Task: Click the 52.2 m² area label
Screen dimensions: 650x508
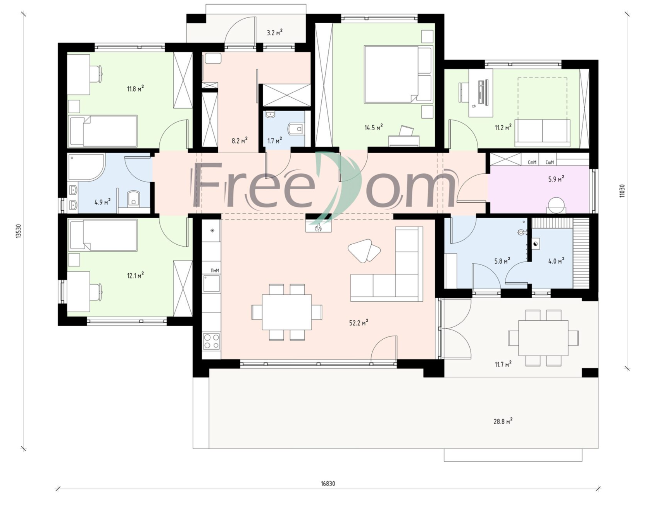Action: [x=358, y=322]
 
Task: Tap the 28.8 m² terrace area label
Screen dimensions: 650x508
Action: [x=503, y=421]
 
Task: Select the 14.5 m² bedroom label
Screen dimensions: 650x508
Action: [x=373, y=127]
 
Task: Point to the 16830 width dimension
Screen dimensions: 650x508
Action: [x=328, y=484]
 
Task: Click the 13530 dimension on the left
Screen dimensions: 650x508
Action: [x=18, y=232]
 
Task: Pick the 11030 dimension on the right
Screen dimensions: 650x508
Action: [x=622, y=190]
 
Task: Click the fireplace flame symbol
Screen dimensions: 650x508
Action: [x=318, y=228]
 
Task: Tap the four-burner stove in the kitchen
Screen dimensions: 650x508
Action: [x=212, y=341]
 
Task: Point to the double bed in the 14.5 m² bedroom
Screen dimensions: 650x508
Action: [x=398, y=74]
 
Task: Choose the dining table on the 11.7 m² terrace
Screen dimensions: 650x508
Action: [x=543, y=337]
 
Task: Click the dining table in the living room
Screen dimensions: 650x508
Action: [x=287, y=312]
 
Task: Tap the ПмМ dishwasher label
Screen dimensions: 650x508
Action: [x=215, y=270]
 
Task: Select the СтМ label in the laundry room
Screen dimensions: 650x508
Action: [x=532, y=162]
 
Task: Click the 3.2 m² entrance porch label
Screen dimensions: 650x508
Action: [x=274, y=33]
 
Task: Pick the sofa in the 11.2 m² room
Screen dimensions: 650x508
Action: [x=542, y=133]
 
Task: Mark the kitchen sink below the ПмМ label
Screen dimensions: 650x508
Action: [x=212, y=283]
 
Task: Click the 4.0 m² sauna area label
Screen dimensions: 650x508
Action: [x=556, y=261]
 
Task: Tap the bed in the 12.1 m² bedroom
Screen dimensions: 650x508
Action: [x=103, y=235]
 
